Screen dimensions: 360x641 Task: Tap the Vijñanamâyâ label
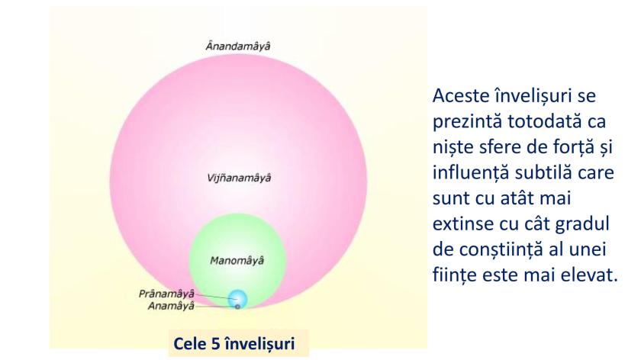[x=238, y=178]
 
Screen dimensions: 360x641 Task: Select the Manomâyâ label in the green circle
[x=237, y=261]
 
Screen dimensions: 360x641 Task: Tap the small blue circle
[x=239, y=297]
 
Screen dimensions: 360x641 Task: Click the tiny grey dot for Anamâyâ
[x=238, y=307]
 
